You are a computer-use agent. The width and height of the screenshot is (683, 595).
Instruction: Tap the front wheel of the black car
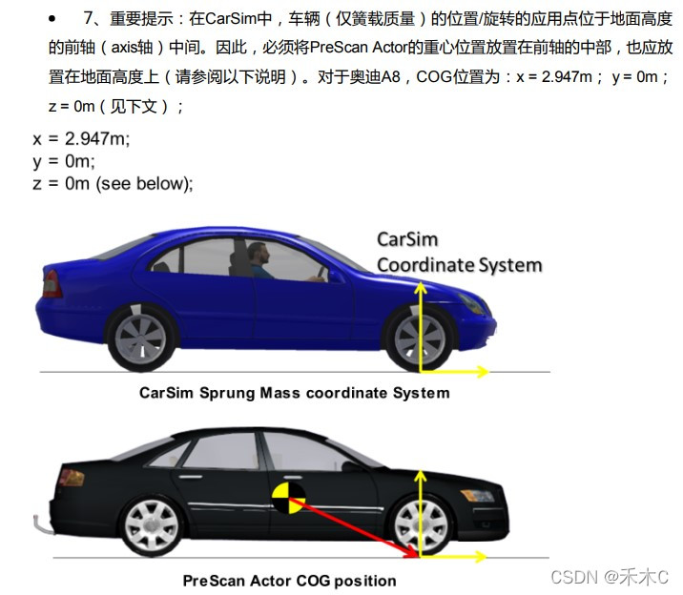click(x=419, y=523)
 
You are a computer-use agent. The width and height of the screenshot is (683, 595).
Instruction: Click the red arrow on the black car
click(x=353, y=525)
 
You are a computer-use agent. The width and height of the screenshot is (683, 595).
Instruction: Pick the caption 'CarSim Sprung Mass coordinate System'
click(x=294, y=392)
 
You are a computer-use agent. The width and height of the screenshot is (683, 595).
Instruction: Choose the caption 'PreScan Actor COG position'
click(x=289, y=580)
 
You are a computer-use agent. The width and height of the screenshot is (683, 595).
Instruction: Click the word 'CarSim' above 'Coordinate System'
click(x=407, y=240)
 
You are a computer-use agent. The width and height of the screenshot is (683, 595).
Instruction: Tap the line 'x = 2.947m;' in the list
click(x=81, y=138)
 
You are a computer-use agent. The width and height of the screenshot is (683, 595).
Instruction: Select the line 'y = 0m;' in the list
click(x=64, y=161)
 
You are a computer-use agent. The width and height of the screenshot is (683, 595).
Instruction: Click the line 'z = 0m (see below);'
click(x=113, y=183)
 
